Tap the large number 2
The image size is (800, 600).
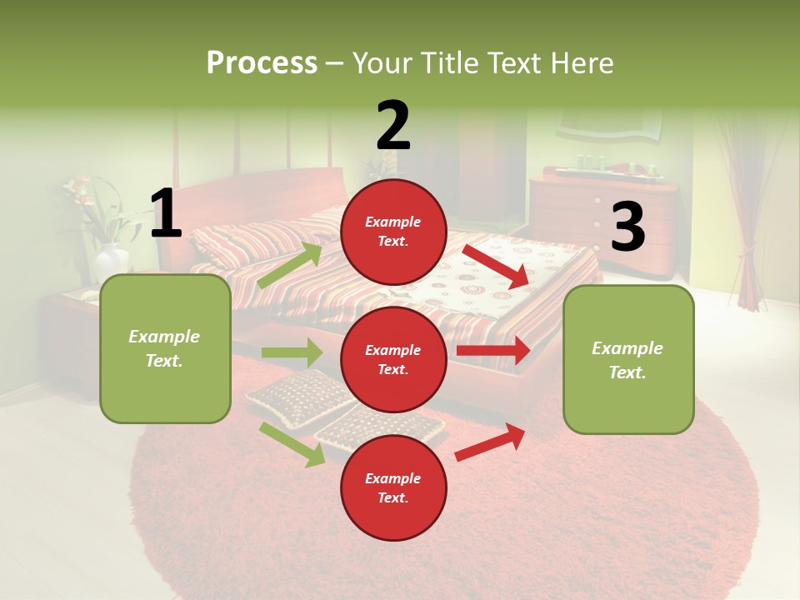pos(393,125)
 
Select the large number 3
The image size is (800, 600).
pos(628,227)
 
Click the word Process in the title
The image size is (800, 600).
pos(262,62)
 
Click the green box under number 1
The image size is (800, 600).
pos(165,348)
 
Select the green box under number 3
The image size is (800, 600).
pos(628,359)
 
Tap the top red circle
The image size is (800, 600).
pos(393,232)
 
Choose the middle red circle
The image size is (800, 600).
pos(393,359)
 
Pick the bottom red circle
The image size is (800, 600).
pos(393,487)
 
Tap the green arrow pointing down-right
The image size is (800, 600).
pos(292,444)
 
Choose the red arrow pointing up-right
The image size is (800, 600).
pos(490,442)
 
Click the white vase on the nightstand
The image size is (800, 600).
pos(112,262)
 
